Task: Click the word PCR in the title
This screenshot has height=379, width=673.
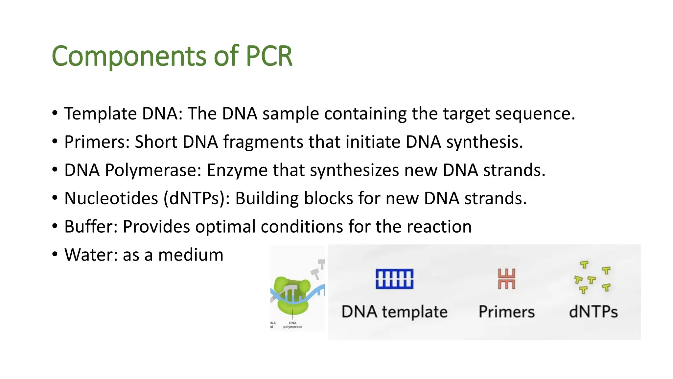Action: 269,56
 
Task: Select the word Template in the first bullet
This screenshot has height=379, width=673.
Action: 100,114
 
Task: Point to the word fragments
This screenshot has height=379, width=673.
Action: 263,142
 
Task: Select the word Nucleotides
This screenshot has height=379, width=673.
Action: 111,199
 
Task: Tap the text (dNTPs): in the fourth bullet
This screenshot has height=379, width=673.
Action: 197,199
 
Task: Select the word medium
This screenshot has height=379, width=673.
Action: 191,255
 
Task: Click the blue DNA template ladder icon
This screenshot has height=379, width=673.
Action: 394,279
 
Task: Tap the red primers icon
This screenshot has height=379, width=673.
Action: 506,279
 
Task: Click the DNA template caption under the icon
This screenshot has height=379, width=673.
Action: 394,312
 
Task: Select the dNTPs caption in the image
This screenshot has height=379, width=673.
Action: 593,312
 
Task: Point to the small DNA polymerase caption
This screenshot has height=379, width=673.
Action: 292,325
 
